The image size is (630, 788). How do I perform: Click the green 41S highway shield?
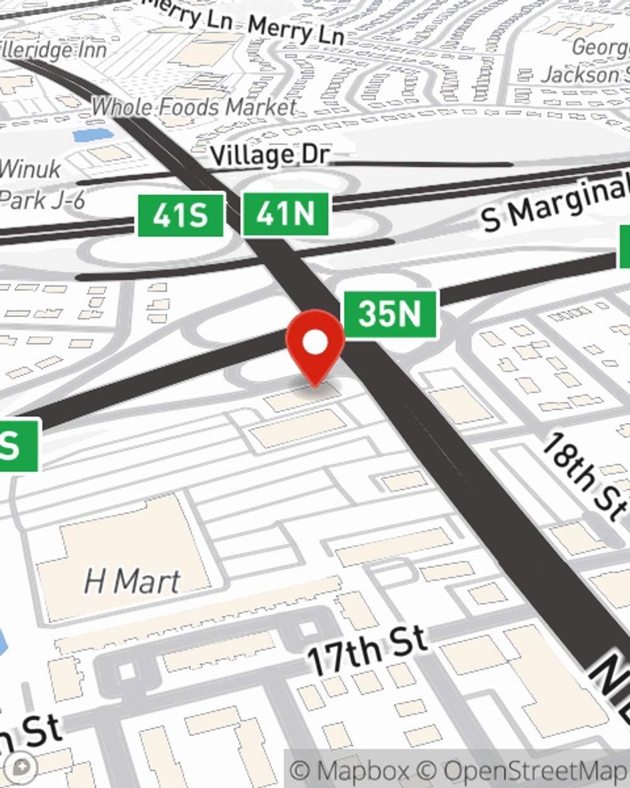181,216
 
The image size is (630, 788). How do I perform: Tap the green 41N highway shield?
285,214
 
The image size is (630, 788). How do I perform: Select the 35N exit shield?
389,313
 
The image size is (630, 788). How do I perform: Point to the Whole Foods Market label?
194,107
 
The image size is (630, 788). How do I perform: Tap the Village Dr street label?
270,154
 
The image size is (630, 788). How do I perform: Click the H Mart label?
132,581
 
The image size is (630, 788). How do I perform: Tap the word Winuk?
30,169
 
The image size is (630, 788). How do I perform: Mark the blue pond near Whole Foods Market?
93,135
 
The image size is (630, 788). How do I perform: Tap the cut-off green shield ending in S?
18,445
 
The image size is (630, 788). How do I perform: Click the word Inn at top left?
88,50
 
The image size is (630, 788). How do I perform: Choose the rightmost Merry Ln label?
296,30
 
